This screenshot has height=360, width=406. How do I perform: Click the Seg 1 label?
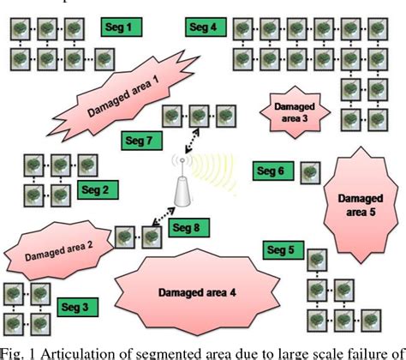coord(116,27)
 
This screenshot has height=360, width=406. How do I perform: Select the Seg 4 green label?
coord(201,27)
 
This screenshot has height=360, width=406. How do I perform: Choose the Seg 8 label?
coord(184,228)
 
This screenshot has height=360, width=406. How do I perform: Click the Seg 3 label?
coord(78,305)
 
